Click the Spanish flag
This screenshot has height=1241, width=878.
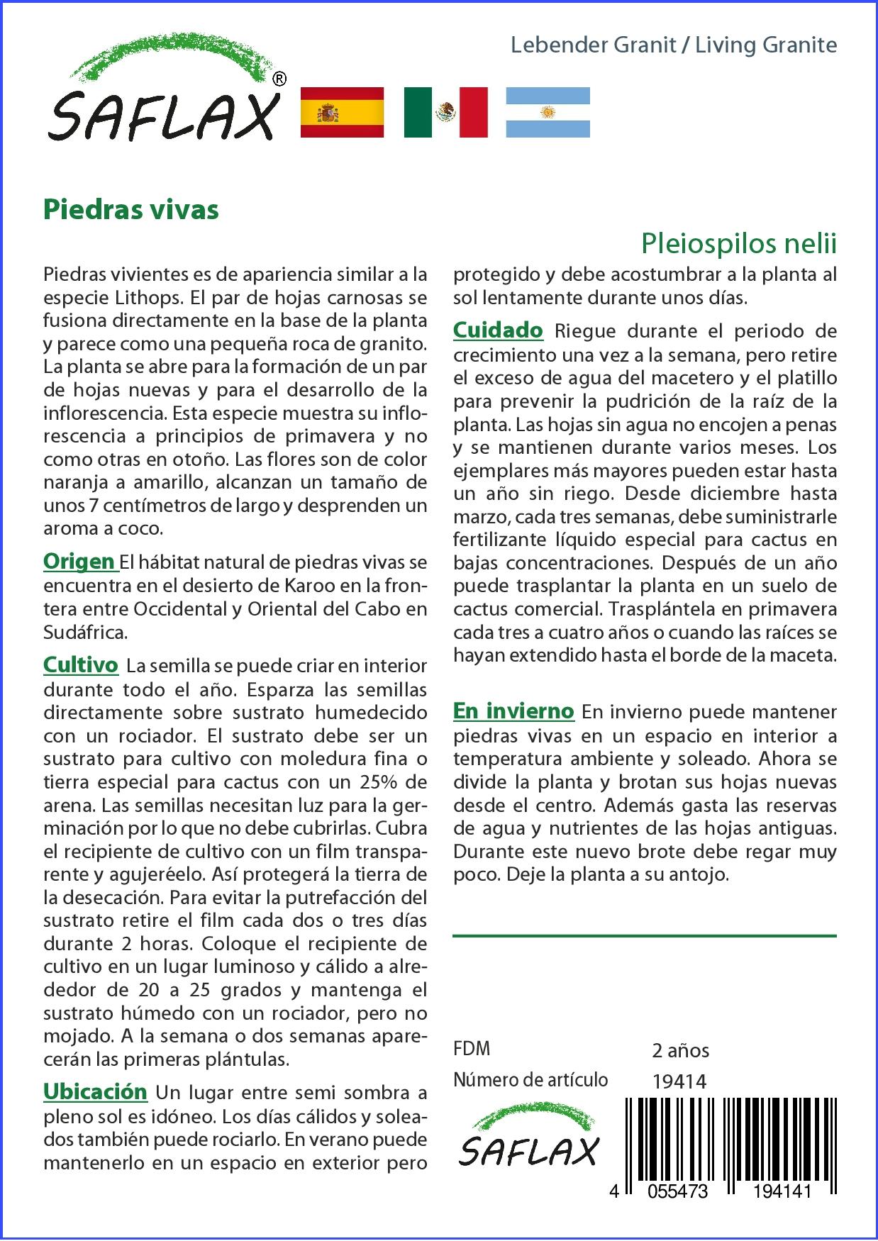(343, 112)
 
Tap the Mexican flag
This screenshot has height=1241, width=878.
(445, 112)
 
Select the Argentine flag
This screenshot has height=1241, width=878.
(548, 112)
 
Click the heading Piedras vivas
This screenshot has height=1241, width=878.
(131, 210)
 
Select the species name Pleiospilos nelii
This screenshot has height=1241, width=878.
(739, 243)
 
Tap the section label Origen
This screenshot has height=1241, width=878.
(79, 562)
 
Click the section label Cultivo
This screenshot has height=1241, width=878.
(81, 665)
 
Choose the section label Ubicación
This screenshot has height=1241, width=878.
(95, 1091)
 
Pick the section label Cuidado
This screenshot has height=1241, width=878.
(498, 330)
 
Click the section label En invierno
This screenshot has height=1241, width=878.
(513, 711)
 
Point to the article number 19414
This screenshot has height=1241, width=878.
(679, 1081)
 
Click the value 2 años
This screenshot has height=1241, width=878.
(681, 1050)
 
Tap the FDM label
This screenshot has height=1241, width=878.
(472, 1049)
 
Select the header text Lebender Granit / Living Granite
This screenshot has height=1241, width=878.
(674, 45)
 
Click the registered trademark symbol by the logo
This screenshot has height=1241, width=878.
(279, 79)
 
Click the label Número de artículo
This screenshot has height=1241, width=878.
(530, 1080)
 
